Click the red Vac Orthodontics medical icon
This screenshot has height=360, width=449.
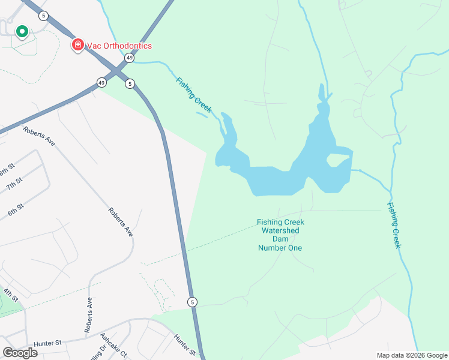[x=77, y=44]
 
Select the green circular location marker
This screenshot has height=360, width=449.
[x=22, y=31]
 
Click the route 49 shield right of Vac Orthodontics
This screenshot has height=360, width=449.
[x=130, y=58]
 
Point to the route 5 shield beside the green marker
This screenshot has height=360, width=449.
[x=43, y=15]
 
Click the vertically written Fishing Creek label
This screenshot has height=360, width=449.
[x=394, y=226]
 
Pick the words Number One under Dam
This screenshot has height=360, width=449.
[x=280, y=248]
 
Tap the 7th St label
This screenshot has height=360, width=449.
[x=14, y=184]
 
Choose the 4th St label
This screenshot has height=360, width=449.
[x=10, y=295]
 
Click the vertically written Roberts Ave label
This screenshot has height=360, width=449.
[x=89, y=315]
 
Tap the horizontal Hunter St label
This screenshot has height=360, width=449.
[x=48, y=343]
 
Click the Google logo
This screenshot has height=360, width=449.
[x=20, y=352]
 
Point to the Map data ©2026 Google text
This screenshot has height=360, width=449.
[x=411, y=355]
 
